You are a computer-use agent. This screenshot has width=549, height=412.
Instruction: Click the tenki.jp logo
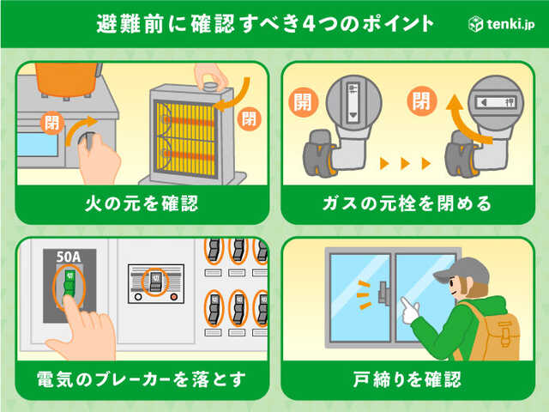(501, 24)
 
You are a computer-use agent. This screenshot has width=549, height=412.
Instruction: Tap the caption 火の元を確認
(142, 203)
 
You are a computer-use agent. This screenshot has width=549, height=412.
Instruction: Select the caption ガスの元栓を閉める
(407, 203)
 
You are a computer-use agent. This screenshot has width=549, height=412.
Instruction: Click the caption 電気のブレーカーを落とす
(142, 379)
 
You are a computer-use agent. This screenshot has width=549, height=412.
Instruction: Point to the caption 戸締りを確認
(407, 379)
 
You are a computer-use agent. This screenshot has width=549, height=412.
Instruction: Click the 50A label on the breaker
(69, 257)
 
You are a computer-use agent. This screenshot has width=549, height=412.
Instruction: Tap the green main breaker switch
(69, 283)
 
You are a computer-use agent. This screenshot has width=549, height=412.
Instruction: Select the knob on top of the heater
(211, 86)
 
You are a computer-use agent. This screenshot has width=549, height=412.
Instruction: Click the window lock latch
(384, 293)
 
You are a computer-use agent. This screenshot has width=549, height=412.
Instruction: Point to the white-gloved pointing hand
(410, 310)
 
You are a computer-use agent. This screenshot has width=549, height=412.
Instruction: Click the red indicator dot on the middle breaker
(173, 297)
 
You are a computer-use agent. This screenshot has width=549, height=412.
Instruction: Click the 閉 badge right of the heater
(250, 118)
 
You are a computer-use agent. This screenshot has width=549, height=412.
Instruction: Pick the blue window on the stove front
(38, 144)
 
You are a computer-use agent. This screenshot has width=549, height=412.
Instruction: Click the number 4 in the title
(309, 24)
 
